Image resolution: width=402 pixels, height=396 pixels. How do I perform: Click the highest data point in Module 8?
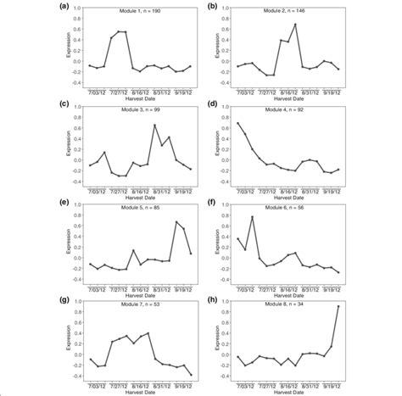pos(339,306)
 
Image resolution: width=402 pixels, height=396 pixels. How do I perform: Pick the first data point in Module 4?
pos(237,124)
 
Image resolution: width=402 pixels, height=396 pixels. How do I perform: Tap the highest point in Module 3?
pos(154,125)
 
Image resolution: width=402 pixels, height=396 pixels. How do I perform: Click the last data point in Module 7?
pos(191,374)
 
